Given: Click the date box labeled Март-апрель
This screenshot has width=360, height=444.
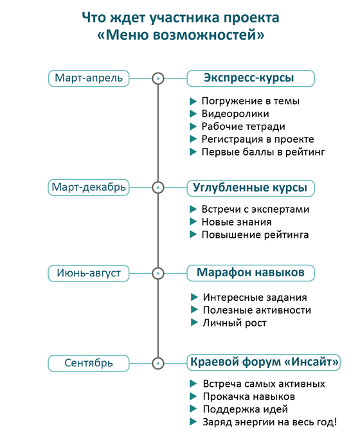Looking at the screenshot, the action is coord(89,78).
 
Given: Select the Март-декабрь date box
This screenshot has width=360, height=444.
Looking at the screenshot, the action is coord(89,188).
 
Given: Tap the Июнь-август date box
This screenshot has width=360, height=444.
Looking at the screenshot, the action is coord(89,273).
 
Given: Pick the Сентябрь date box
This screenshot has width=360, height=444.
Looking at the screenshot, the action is coord(89,363).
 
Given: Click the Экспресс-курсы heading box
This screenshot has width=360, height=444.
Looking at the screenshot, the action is coord(251,78).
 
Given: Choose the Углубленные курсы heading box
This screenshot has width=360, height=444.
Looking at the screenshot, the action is coord(251,188).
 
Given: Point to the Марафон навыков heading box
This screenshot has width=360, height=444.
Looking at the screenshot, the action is coord(251,273).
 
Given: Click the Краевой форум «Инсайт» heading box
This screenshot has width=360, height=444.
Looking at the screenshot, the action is coord(264,362).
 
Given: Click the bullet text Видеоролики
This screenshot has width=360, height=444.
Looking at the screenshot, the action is coord(235,114).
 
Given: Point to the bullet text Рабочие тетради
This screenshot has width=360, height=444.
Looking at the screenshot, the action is coord(243,127).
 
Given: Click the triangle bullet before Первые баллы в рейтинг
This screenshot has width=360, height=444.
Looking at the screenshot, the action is coord(193,152).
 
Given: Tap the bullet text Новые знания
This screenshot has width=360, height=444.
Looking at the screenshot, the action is coord(237,222).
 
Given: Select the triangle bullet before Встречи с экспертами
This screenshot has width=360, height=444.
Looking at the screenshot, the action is coord(193,209).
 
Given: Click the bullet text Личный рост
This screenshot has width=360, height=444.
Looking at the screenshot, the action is coord(235,323).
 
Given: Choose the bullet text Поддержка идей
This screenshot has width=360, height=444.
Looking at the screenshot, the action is coord(246,409).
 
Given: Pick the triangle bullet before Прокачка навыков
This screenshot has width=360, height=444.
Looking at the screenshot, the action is coord(193,396).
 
